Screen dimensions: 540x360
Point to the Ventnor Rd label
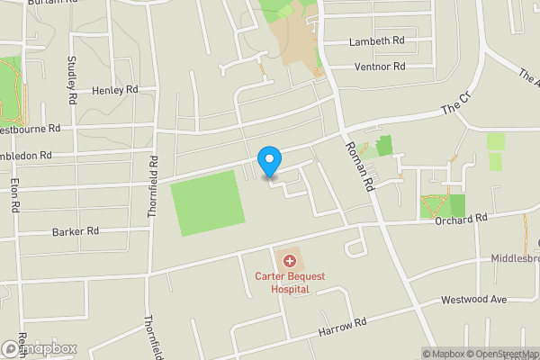tap(380, 67)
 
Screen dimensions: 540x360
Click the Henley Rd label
tap(114, 90)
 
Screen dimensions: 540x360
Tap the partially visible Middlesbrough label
tap(515, 257)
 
